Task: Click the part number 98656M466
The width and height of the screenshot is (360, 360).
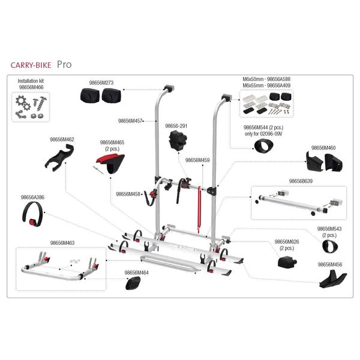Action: click(x=32, y=87)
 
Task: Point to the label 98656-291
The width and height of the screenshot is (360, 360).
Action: click(x=176, y=126)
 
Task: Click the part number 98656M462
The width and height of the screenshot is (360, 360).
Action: click(x=62, y=139)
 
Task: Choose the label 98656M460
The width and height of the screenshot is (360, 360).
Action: click(x=323, y=146)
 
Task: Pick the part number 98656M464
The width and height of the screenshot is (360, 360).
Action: click(x=137, y=272)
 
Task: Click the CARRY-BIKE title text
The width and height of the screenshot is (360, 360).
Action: click(x=31, y=64)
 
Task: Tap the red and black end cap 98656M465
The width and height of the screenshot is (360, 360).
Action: click(x=112, y=163)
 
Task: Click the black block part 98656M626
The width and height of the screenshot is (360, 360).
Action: click(x=286, y=262)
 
